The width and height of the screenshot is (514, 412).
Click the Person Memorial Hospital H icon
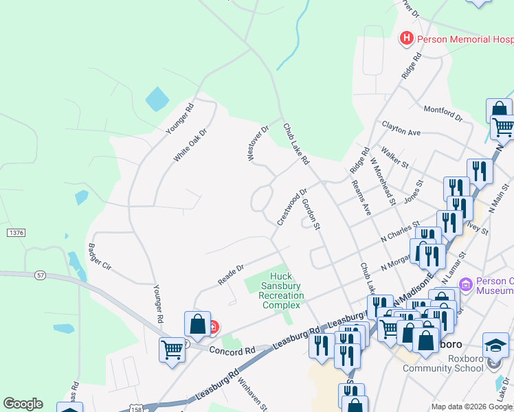pos(407,38)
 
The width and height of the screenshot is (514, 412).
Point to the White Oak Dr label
pos(190,144)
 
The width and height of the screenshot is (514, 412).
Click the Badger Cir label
pos(99,255)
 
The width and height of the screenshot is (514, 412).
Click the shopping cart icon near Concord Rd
pos(172,350)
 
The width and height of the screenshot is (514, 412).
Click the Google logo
pos(23,404)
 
